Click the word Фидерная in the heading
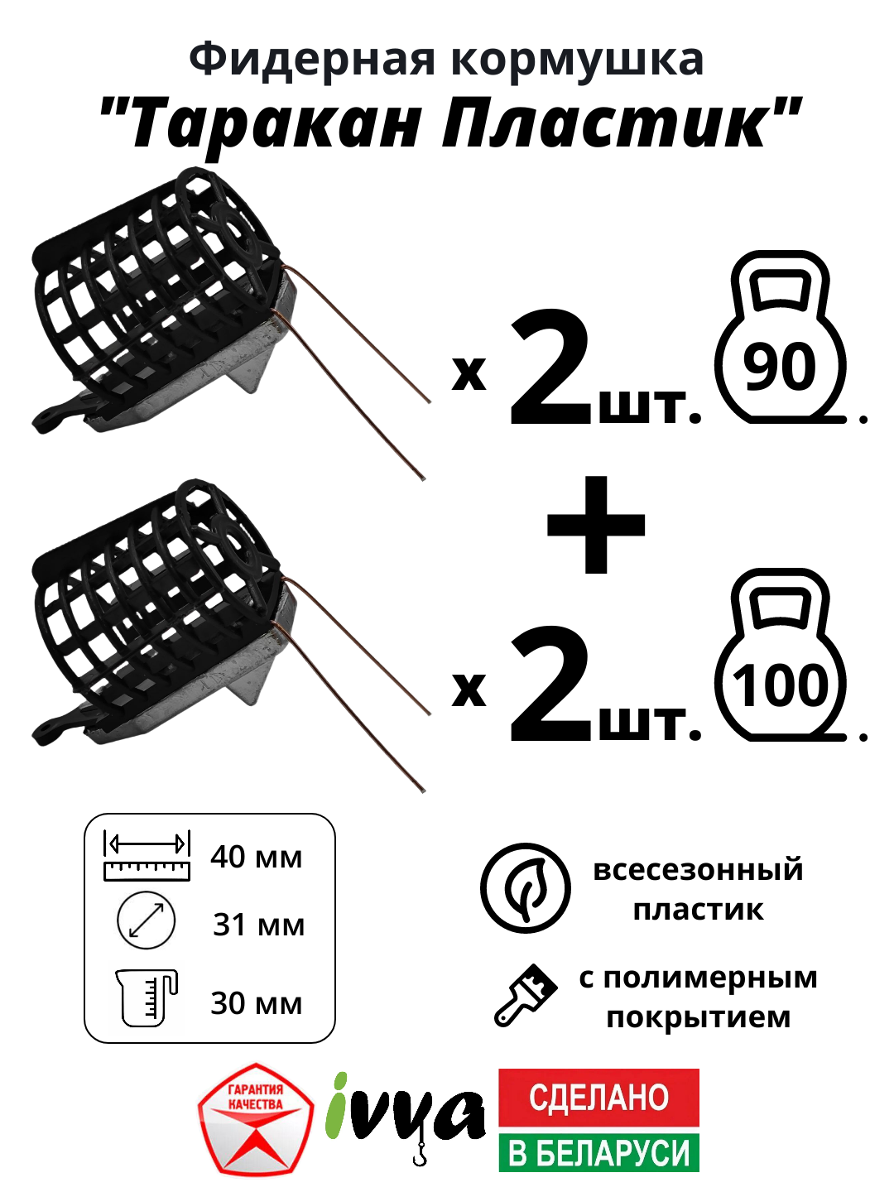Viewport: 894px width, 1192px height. pos(311,60)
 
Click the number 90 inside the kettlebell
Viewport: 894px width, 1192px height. pos(779,368)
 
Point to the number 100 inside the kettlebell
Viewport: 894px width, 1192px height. pos(780,685)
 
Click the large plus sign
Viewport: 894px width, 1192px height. pos(596,525)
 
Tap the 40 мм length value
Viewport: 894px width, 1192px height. pos(256,857)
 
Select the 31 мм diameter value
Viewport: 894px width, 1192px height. pos(258,925)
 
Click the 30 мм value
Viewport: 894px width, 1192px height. pos(256,1003)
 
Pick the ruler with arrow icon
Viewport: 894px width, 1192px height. pos(147,856)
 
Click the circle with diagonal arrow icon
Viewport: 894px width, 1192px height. pos(147,920)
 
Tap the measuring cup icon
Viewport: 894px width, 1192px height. pos(147,997)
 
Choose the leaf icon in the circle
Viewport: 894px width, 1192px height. pos(526,888)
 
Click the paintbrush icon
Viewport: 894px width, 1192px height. pos(526,995)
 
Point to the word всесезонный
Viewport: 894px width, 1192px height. pos(698,870)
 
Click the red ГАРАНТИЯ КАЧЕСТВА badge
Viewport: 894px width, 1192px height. pos(256,1119)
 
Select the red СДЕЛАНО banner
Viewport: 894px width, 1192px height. pos(598,1097)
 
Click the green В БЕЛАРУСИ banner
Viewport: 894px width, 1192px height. pos(598,1152)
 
